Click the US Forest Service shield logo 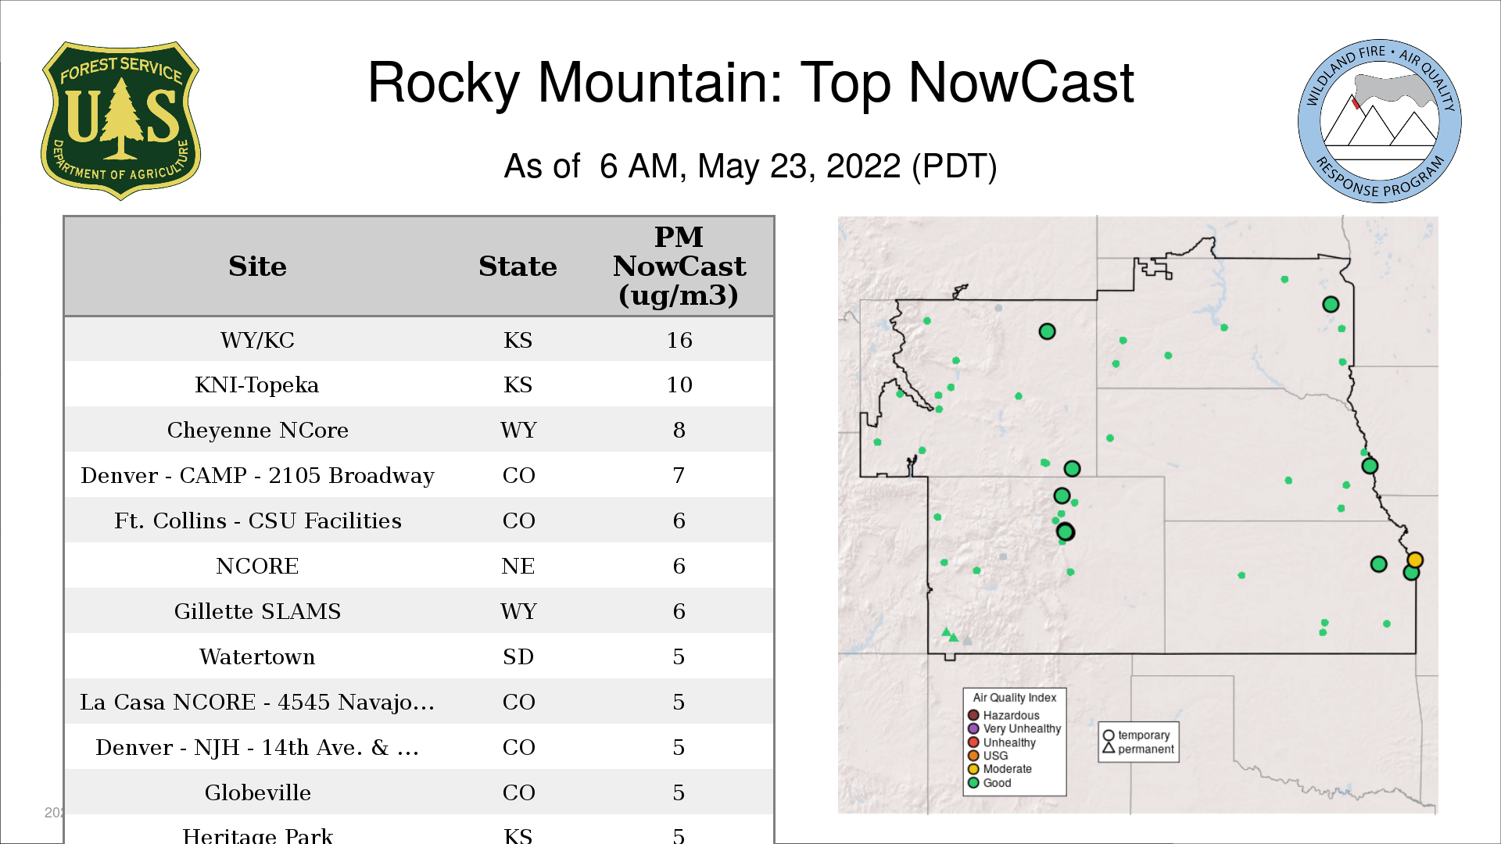point(120,120)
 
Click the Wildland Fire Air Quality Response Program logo point(1380,121)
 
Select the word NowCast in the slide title point(1021,82)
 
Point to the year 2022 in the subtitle point(864,166)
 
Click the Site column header point(257,266)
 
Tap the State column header point(518,266)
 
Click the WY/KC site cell point(257,340)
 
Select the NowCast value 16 point(679,340)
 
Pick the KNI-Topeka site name point(257,384)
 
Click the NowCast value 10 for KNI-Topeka point(679,384)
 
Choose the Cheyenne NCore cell point(257,430)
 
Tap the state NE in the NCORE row point(518,566)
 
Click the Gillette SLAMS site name point(257,611)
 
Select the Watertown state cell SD point(518,656)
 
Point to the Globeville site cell point(257,792)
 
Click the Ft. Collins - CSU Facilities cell point(257,520)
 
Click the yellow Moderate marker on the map point(1415,560)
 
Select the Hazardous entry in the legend point(1004,715)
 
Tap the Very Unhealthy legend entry point(1015,728)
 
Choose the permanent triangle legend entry point(1138,749)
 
